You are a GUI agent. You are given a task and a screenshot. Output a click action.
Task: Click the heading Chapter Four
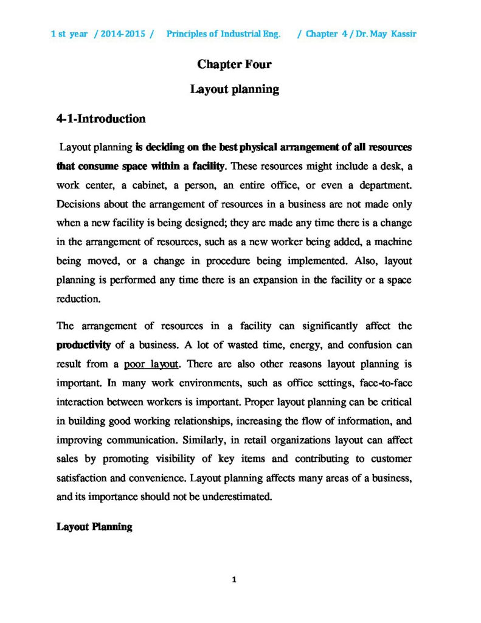[x=234, y=64]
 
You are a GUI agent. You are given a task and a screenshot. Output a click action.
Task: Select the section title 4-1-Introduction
[x=100, y=118]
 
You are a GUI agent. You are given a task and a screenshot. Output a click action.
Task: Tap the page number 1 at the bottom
[x=234, y=579]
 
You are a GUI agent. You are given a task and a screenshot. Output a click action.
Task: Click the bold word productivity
[x=83, y=345]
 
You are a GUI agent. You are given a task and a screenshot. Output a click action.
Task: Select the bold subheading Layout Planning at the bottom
[x=94, y=526]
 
